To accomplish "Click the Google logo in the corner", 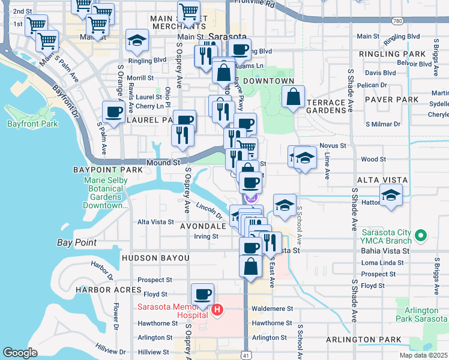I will click(20, 353).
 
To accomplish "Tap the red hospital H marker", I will click(218, 311).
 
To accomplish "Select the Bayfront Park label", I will click(32, 124).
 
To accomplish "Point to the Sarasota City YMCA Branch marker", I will click(421, 235).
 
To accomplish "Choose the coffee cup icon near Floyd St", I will click(203, 294).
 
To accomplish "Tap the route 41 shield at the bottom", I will click(247, 355).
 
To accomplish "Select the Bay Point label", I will click(77, 242).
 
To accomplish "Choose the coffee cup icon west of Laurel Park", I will click(113, 111).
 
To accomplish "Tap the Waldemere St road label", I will click(272, 308).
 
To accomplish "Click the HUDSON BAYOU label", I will click(155, 258).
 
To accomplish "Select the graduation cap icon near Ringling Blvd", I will click(137, 41).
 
